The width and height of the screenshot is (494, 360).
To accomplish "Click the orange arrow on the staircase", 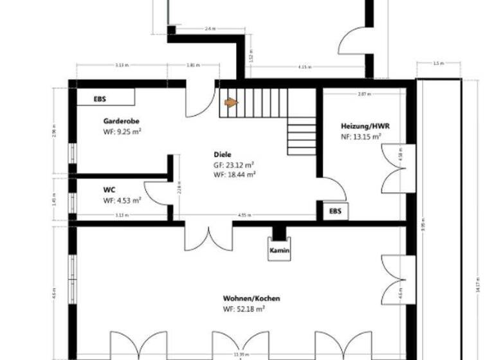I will coord(230,102).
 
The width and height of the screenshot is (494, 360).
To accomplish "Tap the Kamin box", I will coord(279,250).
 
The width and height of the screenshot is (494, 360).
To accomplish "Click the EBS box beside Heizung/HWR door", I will coord(335,210).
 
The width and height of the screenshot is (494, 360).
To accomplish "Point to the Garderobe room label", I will coord(122,120).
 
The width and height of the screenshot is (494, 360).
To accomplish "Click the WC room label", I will coord(109,190).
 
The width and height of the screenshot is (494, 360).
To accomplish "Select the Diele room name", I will coord(223,154).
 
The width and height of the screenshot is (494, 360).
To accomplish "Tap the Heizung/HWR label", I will coord(365,126).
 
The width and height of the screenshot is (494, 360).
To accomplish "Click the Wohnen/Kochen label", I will coord(252,298).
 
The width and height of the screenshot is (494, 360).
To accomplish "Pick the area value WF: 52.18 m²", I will coord(244,309).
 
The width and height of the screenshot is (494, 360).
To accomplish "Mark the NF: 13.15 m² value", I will coord(361,136).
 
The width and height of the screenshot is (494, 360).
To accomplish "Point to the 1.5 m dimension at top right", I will coord(439,64).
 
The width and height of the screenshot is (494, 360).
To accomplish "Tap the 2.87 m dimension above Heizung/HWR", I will coord(365,94).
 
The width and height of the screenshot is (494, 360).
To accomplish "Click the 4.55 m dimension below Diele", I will coord(244,215).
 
